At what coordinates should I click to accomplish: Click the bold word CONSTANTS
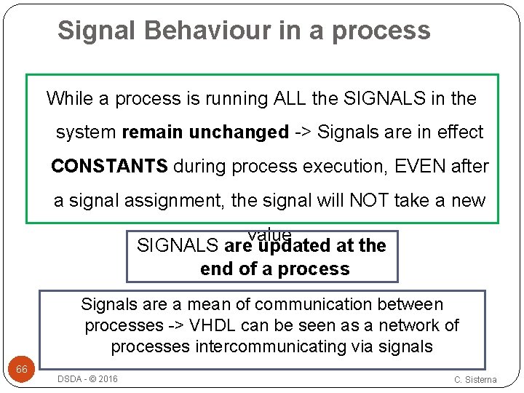(x=109, y=166)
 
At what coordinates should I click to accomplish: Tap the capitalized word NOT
(x=369, y=200)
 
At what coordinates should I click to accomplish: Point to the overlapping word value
(x=269, y=234)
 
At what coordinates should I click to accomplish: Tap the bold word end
(x=216, y=269)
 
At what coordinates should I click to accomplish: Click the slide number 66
(x=22, y=370)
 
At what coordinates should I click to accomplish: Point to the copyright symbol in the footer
(x=90, y=378)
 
